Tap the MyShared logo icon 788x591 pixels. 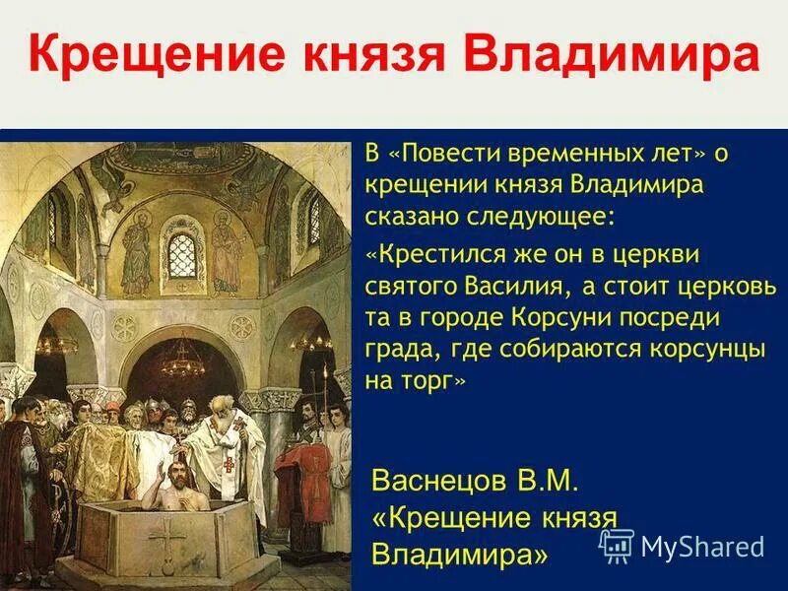pyautogui.click(x=617, y=545)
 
